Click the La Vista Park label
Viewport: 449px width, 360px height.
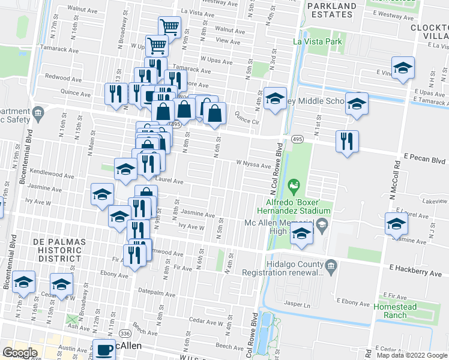pyautogui.click(x=317, y=41)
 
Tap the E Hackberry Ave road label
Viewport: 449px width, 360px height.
pyautogui.click(x=416, y=272)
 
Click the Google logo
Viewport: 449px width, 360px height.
pyautogui.click(x=20, y=353)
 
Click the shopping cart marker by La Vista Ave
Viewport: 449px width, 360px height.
pyautogui.click(x=170, y=26)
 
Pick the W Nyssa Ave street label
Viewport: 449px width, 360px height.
pyautogui.click(x=254, y=164)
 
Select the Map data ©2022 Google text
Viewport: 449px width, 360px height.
pyautogui.click(x=411, y=355)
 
